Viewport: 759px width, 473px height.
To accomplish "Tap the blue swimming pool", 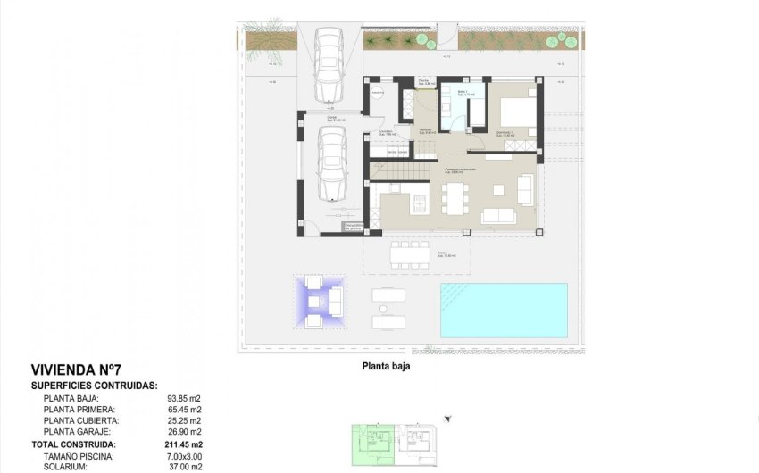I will point(504,310).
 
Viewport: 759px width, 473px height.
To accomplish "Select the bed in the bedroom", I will point(517,114).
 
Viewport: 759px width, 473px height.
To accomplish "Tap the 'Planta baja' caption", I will point(385,365).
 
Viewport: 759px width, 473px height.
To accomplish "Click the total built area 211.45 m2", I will point(185,444).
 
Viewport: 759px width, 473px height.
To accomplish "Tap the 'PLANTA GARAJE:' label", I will point(81,432).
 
